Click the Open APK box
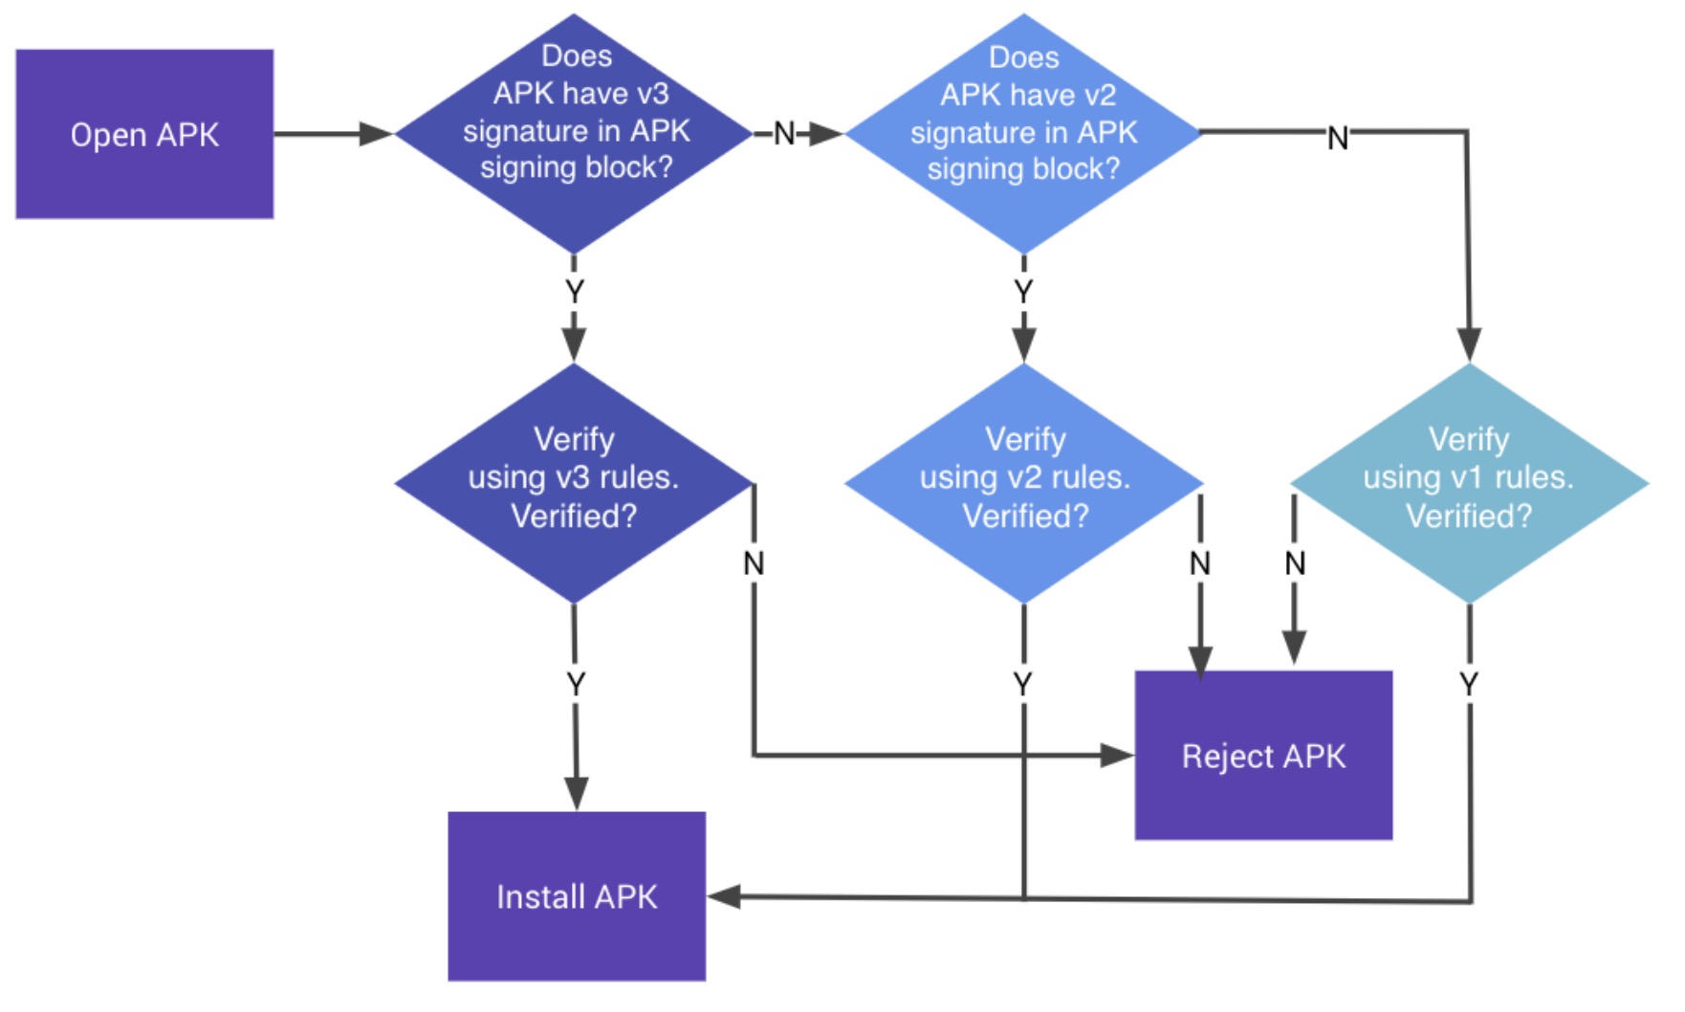[144, 134]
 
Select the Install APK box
[577, 896]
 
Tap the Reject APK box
[1263, 755]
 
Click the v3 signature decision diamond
[574, 133]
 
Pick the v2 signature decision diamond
[1023, 133]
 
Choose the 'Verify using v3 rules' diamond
[574, 483]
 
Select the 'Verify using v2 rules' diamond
[1023, 483]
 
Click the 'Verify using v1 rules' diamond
[1469, 483]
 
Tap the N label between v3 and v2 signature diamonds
[784, 133]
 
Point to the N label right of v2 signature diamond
[1338, 138]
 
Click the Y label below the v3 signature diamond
[574, 291]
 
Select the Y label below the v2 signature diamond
[1023, 291]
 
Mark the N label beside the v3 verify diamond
[754, 563]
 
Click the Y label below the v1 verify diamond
[1469, 684]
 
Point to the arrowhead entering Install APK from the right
[724, 896]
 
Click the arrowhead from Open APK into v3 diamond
[376, 134]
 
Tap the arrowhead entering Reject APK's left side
[1117, 756]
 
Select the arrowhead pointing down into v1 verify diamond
[1469, 345]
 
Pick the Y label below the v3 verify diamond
[575, 684]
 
